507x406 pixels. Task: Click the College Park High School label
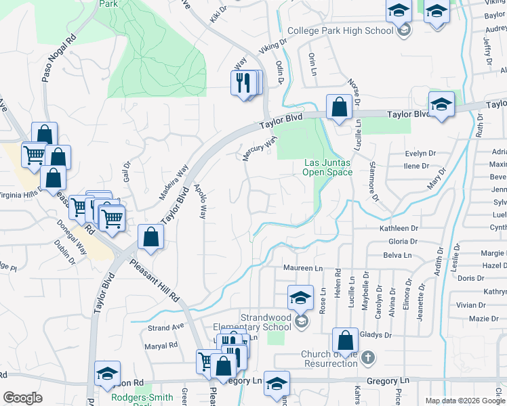pyautogui.click(x=340, y=30)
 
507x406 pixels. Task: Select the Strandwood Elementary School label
pyautogui.click(x=266, y=321)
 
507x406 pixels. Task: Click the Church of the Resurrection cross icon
pyautogui.click(x=367, y=356)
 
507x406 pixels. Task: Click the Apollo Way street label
pyautogui.click(x=200, y=201)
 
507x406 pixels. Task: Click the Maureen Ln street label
pyautogui.click(x=302, y=269)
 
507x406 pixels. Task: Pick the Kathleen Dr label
pyautogui.click(x=399, y=229)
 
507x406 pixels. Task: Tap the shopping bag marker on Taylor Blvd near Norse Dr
pyautogui.click(x=338, y=107)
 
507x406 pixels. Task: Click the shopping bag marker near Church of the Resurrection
pyautogui.click(x=345, y=341)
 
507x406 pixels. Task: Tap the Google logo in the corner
pyautogui.click(x=22, y=398)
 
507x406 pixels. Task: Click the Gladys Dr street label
pyautogui.click(x=378, y=335)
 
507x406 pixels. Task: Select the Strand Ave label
pyautogui.click(x=166, y=327)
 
